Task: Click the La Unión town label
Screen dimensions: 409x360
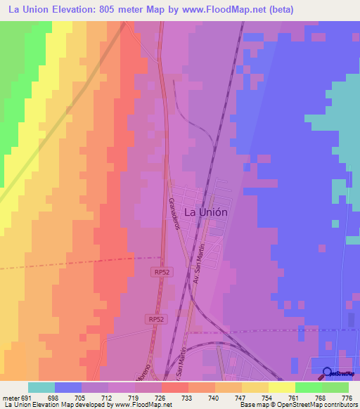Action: pos(205,211)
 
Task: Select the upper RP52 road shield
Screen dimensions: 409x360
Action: pos(160,271)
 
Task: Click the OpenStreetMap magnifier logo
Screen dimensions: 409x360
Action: pos(328,373)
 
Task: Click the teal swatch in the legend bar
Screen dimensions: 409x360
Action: pos(41,387)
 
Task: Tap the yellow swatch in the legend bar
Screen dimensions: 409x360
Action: pos(281,387)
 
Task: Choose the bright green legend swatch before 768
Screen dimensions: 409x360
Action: pos(308,387)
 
